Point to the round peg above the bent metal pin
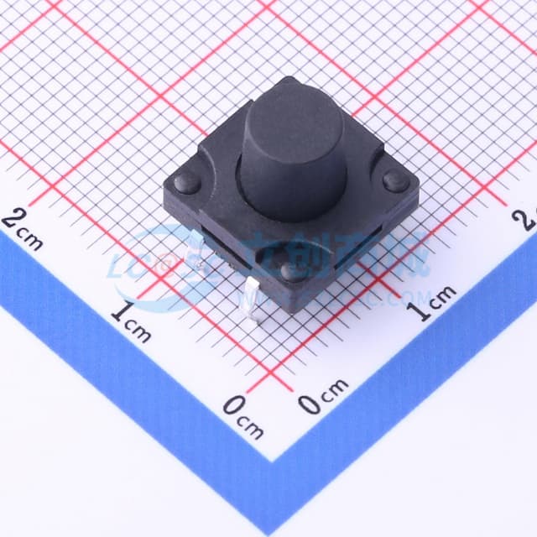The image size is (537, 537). [x=291, y=271]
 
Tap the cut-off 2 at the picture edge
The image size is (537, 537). [x=529, y=220]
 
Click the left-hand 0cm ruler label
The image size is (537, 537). [x=243, y=417]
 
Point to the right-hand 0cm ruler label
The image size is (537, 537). [x=322, y=397]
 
